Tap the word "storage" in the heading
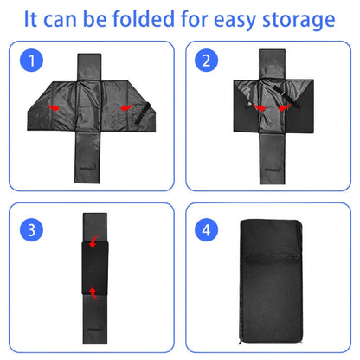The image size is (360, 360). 293,19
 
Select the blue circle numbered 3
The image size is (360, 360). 31,231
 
